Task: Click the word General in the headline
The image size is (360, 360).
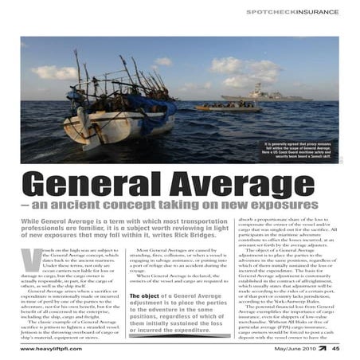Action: [92, 186]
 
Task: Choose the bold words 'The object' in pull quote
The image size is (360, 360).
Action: [147, 295]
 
